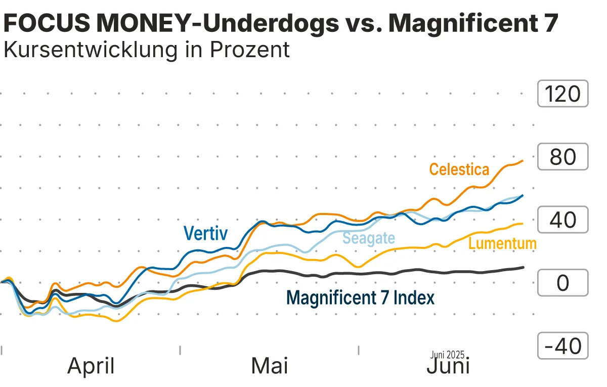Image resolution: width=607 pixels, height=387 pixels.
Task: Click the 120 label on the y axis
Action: click(x=562, y=94)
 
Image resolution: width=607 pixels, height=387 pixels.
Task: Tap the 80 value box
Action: click(x=562, y=157)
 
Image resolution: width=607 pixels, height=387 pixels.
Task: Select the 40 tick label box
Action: click(x=562, y=220)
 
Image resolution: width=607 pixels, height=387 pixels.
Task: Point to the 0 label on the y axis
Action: click(x=562, y=283)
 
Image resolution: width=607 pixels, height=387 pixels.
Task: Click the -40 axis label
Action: click(x=562, y=346)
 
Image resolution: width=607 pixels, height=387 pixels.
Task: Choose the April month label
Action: click(x=91, y=366)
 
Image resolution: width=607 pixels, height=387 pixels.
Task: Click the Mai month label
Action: click(x=270, y=366)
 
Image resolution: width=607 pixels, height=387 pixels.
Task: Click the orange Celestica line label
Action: click(x=459, y=169)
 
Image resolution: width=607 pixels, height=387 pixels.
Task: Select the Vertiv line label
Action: click(x=205, y=233)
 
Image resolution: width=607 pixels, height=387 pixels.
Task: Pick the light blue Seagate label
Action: click(x=369, y=237)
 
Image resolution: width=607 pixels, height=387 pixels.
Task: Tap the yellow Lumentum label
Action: click(x=502, y=243)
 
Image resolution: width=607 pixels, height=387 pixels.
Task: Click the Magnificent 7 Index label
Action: click(x=360, y=297)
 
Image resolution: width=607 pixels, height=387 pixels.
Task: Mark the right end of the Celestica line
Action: click(x=523, y=161)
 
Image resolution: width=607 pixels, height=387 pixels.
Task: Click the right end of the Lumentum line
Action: click(x=523, y=224)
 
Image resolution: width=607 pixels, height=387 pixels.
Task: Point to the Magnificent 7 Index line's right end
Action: click(x=523, y=267)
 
